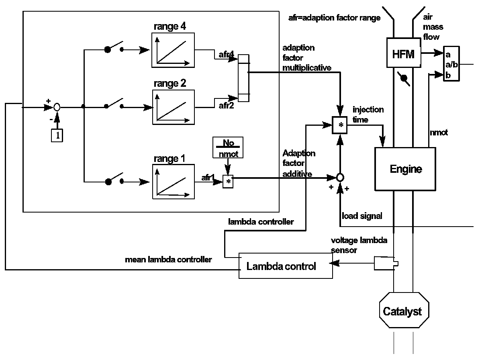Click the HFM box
[403, 53]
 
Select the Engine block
[405, 169]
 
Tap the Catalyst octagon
[402, 311]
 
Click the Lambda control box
[286, 266]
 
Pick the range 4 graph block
[173, 51]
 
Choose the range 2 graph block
[173, 107]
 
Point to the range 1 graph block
[173, 181]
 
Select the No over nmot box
[228, 148]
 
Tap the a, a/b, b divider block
[451, 64]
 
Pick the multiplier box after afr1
[228, 182]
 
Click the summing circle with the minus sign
[57, 107]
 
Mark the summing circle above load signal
[341, 177]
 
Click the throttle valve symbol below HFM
[403, 79]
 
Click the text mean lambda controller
[169, 260]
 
